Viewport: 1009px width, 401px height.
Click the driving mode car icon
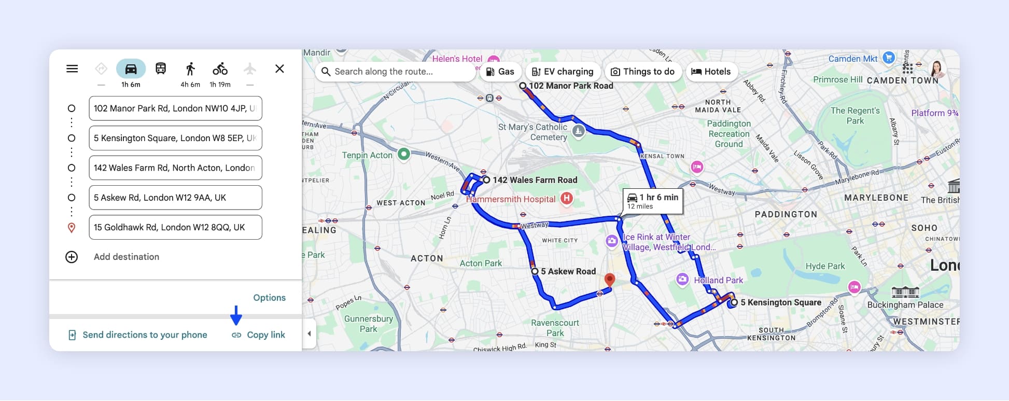[x=131, y=69]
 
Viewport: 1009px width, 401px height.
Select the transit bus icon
[x=161, y=69]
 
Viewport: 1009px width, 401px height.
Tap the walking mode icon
[x=190, y=69]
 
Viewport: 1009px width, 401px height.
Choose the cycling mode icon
[x=220, y=69]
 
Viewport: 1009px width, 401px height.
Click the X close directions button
[x=279, y=69]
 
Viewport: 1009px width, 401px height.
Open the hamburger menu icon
[x=72, y=69]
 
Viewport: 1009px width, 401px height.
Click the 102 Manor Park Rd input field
[x=175, y=108]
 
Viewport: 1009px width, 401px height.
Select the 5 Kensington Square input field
[x=175, y=138]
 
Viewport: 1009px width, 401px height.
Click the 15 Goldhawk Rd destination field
[x=175, y=227]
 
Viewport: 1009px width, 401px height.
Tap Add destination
[x=126, y=257]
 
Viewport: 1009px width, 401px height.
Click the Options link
[x=269, y=298]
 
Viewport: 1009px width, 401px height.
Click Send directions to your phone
[x=145, y=335]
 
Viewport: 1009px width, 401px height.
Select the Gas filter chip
[x=500, y=72]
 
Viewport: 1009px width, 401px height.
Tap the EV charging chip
[x=563, y=72]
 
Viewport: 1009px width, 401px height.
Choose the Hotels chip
[x=711, y=72]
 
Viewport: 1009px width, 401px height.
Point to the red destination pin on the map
[x=610, y=280]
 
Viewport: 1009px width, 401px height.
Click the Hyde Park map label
[x=825, y=266]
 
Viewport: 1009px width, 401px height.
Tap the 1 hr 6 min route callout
[x=652, y=201]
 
